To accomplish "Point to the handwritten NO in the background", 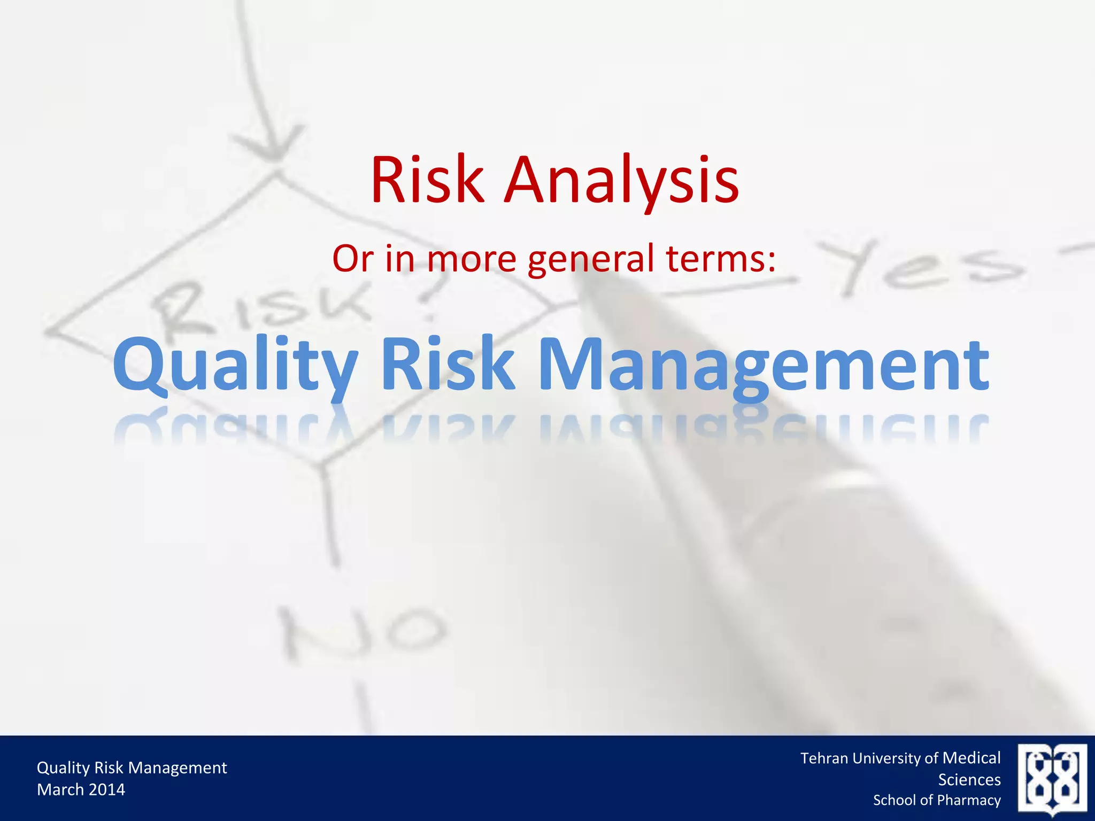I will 364,634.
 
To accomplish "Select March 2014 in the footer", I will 81,789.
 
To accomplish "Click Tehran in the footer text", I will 824,758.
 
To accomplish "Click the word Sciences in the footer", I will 969,779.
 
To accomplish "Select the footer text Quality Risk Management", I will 132,768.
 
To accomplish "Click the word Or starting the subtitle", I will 353,259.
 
